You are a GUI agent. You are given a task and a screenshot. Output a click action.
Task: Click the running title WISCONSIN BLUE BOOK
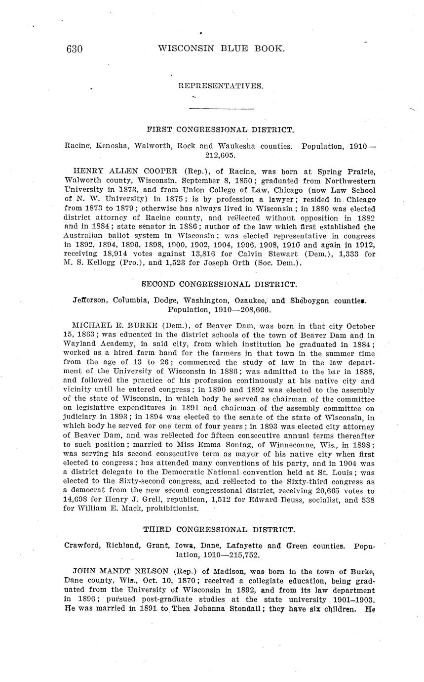221,48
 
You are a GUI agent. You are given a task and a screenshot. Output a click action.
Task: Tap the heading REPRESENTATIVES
221,86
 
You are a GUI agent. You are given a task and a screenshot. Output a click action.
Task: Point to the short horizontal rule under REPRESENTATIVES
221,108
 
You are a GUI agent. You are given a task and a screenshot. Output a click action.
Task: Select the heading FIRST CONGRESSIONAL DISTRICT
221,130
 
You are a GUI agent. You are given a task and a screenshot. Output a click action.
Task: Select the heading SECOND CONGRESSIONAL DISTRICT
219,284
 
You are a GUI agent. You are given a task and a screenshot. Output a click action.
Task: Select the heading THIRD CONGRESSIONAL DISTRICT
219,529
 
